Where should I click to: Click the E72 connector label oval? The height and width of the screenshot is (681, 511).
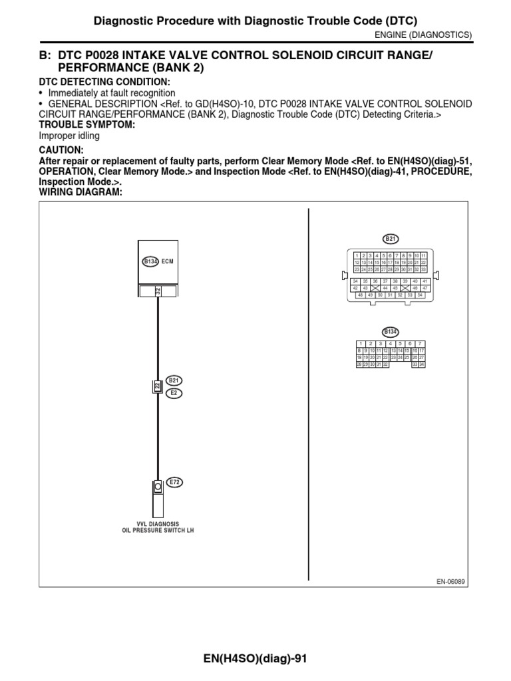point(174,482)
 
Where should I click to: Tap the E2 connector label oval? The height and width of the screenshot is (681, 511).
point(174,393)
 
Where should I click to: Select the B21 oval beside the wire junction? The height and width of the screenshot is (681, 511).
point(174,380)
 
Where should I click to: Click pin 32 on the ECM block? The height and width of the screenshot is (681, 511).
point(158,291)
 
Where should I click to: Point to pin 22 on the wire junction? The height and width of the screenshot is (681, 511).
point(157,386)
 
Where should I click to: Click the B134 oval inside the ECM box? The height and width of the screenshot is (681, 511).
point(150,262)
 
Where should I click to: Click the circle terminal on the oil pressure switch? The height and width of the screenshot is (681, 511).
point(158,487)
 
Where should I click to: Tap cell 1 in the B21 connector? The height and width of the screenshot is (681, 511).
point(357,255)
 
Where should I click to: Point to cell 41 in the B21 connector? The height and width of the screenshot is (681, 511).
point(425,281)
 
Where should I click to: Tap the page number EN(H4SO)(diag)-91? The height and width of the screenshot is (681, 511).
point(255,659)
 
